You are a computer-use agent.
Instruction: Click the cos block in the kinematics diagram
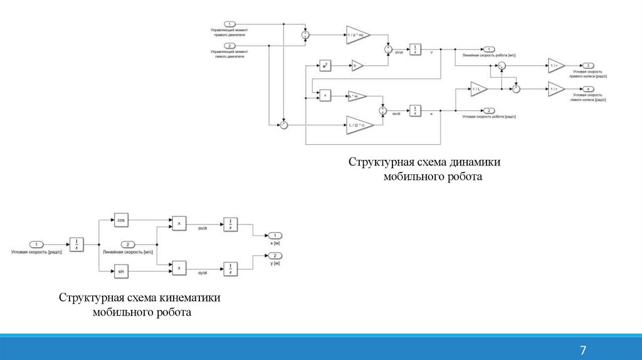pyautogui.click(x=121, y=220)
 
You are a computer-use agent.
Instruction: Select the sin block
pyautogui.click(x=121, y=270)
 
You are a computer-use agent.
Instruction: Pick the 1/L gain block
pyautogui.click(x=478, y=89)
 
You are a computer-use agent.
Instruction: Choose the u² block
pyautogui.click(x=325, y=65)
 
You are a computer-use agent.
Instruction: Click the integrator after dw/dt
pyautogui.click(x=415, y=110)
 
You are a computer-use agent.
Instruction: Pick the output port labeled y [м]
pyautogui.click(x=275, y=256)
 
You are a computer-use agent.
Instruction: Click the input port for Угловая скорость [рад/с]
pyautogui.click(x=37, y=244)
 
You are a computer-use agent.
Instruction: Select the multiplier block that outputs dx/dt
pyautogui.click(x=179, y=223)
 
